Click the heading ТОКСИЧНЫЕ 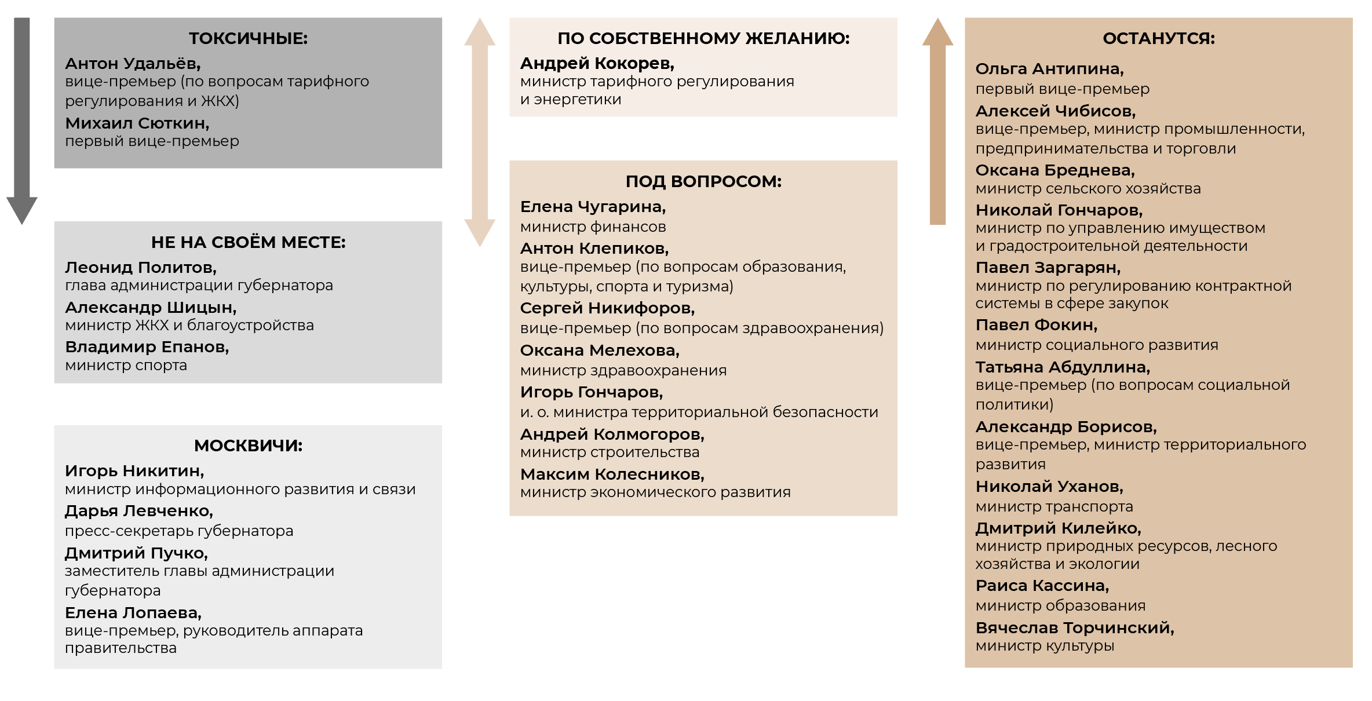tap(248, 38)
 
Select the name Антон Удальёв tap(133, 63)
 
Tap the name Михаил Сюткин tap(137, 123)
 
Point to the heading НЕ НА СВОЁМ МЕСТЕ tap(248, 242)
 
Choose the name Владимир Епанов tap(147, 346)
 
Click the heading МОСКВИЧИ tap(248, 446)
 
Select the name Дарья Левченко tap(138, 510)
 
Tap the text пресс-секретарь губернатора tap(179, 531)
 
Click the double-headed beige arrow tap(480, 132)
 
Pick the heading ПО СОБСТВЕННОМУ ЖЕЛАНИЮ tap(703, 38)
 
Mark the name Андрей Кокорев tap(597, 63)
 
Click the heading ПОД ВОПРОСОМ tap(703, 181)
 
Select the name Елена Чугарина tap(593, 206)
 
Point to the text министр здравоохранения tap(623, 370)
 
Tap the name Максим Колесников tap(612, 474)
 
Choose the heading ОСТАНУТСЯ tap(1159, 38)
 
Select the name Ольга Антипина tap(1049, 68)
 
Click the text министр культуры tap(1045, 645)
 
